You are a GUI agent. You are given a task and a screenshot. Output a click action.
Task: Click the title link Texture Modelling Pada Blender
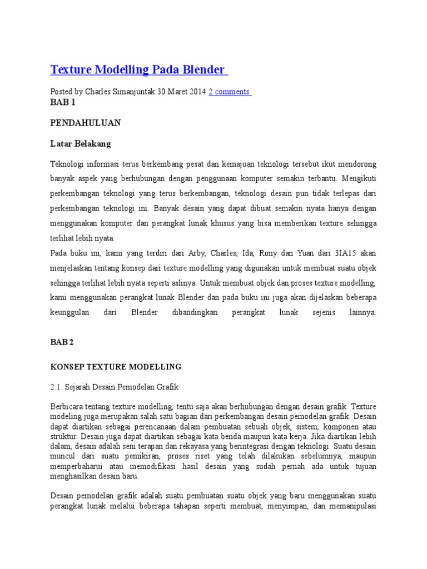pyautogui.click(x=138, y=69)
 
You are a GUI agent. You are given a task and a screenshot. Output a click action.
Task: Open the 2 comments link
pyautogui.click(x=230, y=92)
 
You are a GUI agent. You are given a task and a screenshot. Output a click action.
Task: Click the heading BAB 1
pyautogui.click(x=62, y=102)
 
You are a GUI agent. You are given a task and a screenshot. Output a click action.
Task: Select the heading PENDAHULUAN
pyautogui.click(x=86, y=123)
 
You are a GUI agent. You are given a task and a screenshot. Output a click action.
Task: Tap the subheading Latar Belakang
pyautogui.click(x=81, y=143)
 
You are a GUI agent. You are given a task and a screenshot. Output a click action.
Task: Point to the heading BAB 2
pyautogui.click(x=62, y=342)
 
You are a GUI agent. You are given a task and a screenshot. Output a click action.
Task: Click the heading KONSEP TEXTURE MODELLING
pyautogui.click(x=116, y=367)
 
